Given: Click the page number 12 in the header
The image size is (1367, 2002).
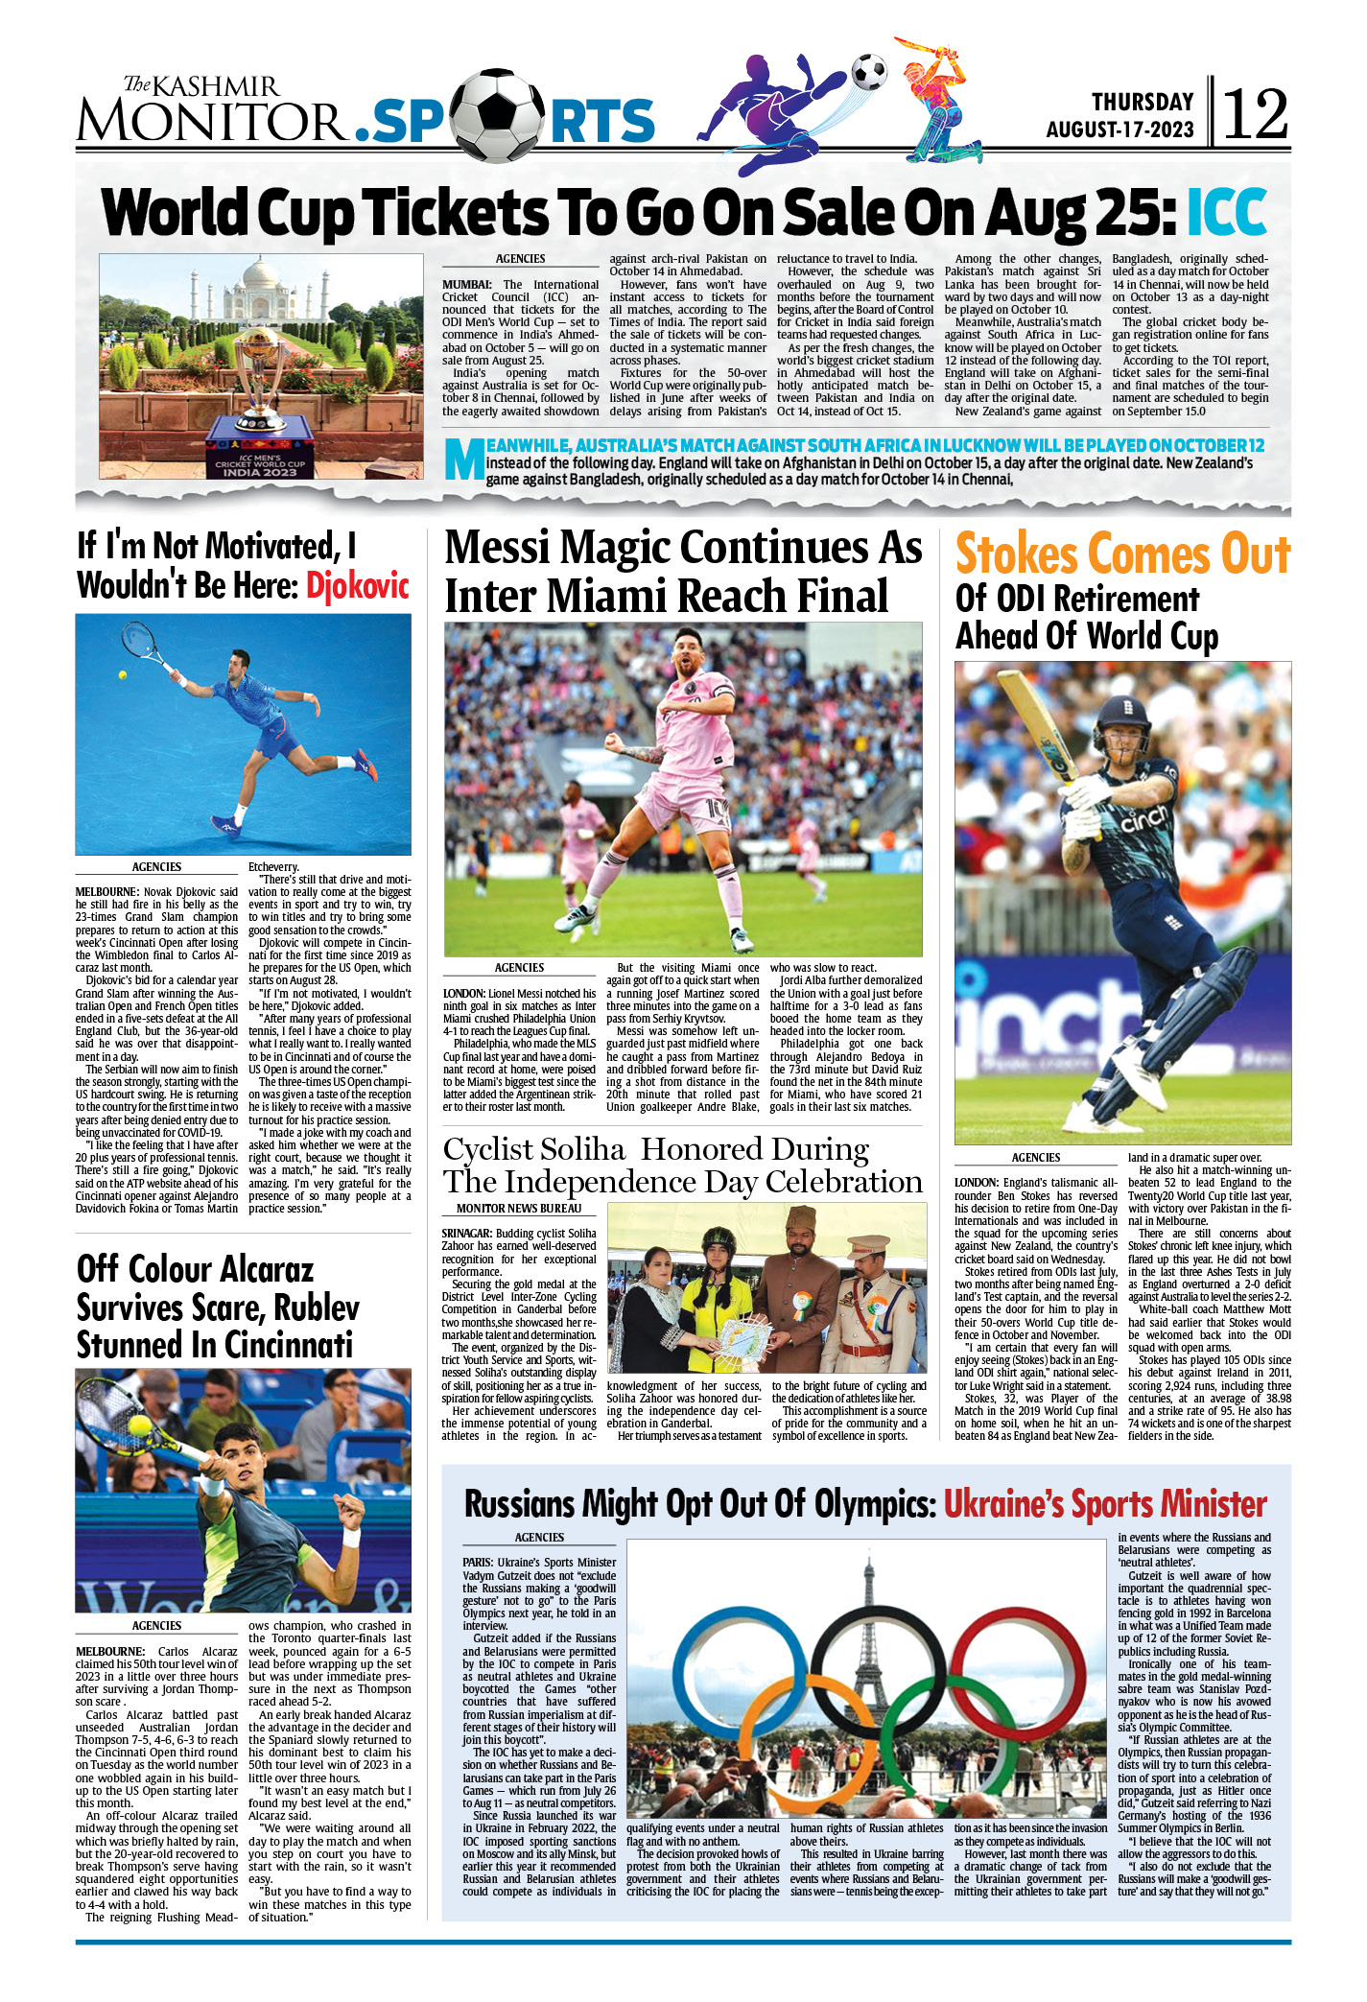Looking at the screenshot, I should click(x=1255, y=115).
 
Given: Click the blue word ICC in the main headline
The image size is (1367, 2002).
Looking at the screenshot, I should click(x=1226, y=213).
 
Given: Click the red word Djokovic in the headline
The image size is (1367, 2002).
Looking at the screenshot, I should click(x=357, y=585).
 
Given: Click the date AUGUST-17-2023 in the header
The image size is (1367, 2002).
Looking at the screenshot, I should click(x=1120, y=130).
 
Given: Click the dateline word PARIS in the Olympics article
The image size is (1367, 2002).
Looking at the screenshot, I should click(x=478, y=1563).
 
